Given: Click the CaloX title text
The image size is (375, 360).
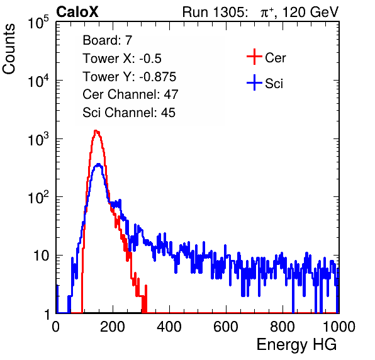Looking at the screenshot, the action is pyautogui.click(x=77, y=12).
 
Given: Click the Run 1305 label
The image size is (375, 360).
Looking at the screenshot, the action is pyautogui.click(x=215, y=12).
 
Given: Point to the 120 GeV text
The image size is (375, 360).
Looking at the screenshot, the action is pyautogui.click(x=311, y=12).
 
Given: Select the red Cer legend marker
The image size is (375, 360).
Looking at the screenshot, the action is pyautogui.click(x=254, y=57).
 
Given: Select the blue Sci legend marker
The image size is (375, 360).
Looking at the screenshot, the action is pyautogui.click(x=254, y=82).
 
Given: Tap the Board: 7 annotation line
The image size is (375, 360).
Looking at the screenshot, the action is pyautogui.click(x=108, y=40).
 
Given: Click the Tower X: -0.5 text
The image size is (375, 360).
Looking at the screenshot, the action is pyautogui.click(x=122, y=59).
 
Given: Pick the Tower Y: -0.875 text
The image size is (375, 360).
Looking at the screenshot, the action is pyautogui.click(x=130, y=77).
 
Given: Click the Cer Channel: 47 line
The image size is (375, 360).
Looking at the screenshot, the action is pyautogui.click(x=130, y=94).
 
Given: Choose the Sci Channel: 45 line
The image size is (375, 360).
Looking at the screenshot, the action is pyautogui.click(x=129, y=113).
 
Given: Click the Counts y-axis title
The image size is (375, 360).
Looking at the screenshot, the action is pyautogui.click(x=9, y=49).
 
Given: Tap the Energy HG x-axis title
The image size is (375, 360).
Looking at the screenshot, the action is pyautogui.click(x=296, y=345).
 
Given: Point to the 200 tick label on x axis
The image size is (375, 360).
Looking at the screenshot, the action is pyautogui.click(x=113, y=327).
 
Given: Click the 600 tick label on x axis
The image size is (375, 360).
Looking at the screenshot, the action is pyautogui.click(x=226, y=327).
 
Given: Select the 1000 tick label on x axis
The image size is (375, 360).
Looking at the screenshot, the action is pyautogui.click(x=339, y=327).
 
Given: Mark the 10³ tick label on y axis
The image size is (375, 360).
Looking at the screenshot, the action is pyautogui.click(x=38, y=139).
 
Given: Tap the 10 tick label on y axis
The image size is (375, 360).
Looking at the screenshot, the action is pyautogui.click(x=41, y=256).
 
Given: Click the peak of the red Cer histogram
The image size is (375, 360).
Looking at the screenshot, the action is pyautogui.click(x=96, y=131).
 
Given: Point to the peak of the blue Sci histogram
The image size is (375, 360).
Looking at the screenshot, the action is pyautogui.click(x=99, y=164).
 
